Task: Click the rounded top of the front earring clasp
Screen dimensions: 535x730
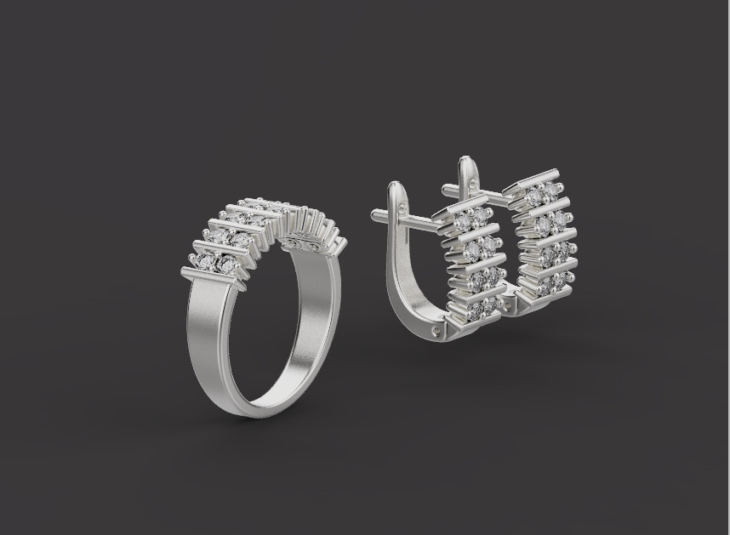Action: click(x=395, y=187)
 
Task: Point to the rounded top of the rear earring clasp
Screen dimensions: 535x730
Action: click(x=465, y=162)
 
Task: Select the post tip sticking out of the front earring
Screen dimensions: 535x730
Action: click(x=375, y=214)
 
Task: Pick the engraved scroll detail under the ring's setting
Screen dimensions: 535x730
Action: click(x=302, y=245)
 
